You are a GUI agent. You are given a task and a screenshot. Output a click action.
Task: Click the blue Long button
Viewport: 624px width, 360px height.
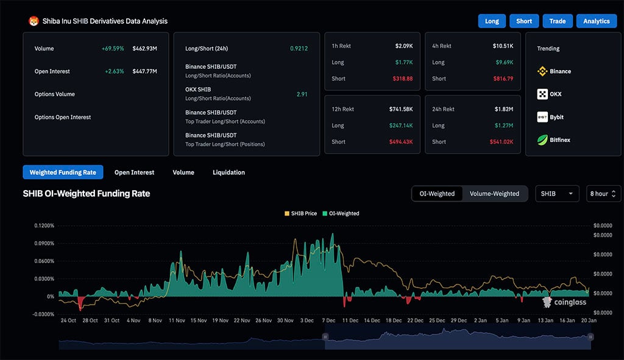tap(492, 21)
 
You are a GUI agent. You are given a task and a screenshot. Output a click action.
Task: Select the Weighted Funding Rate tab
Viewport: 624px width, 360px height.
tap(63, 172)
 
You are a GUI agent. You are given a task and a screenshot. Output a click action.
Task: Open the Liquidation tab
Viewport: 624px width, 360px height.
tap(229, 172)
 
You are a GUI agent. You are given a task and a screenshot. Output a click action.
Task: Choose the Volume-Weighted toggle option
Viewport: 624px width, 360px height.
tap(494, 194)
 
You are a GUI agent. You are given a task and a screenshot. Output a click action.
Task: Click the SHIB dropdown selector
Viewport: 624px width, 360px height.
tap(557, 194)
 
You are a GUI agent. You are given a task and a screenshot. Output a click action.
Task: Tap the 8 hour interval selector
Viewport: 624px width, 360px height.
tap(603, 194)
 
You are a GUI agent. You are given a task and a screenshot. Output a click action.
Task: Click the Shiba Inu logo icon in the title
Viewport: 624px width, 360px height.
tap(34, 21)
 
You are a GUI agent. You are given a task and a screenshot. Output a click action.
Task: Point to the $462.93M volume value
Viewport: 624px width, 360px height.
tap(144, 49)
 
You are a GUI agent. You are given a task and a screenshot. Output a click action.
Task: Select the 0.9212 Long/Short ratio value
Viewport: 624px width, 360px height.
tap(299, 49)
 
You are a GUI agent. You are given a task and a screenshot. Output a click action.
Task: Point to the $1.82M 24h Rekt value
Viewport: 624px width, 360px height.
tap(503, 109)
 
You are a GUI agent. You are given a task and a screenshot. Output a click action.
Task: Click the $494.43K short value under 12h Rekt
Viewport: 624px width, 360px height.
tap(400, 142)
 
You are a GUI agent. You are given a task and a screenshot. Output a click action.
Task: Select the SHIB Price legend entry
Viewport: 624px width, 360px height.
tap(300, 214)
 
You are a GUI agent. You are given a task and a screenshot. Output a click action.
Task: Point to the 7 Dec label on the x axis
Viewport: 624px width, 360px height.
tap(329, 320)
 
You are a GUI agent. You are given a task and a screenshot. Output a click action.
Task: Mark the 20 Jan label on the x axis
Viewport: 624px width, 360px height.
tap(588, 320)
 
